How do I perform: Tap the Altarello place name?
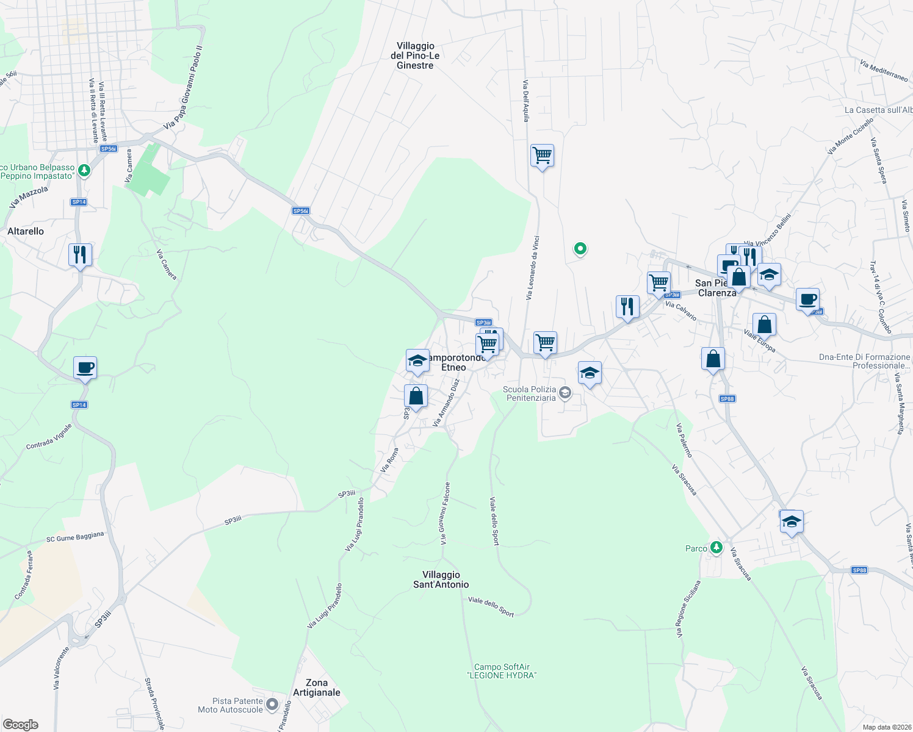[26, 231]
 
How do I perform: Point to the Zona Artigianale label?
[316, 687]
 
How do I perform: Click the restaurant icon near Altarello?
[80, 254]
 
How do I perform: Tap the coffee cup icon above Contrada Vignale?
[85, 368]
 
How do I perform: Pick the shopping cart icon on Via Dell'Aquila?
[542, 156]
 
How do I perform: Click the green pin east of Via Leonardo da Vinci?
[580, 248]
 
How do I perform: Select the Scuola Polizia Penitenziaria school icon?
[565, 392]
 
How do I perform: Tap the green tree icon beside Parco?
[716, 548]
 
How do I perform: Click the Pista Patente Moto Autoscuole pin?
[272, 705]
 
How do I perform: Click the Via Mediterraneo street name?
[884, 71]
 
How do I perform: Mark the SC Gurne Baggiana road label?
[75, 537]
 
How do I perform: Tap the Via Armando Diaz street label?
[446, 403]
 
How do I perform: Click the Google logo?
[21, 725]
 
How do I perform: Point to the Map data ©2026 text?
[886, 727]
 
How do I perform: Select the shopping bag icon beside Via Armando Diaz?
[416, 396]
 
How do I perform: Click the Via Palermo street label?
[684, 440]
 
